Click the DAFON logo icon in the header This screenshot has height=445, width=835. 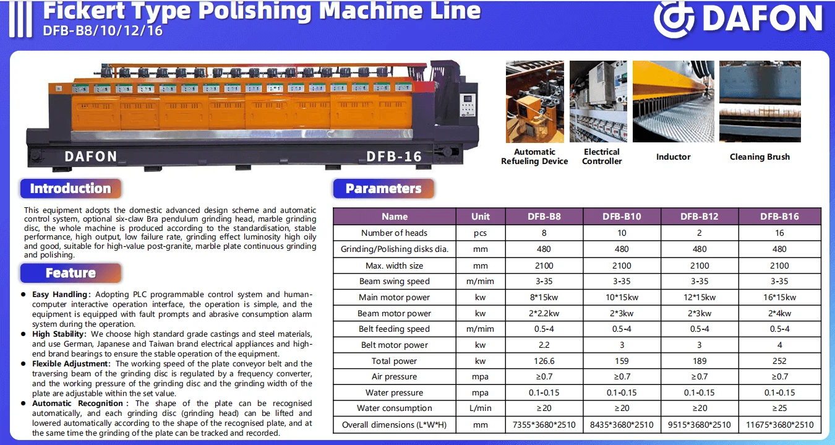tap(674, 19)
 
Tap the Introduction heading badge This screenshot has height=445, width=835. tap(71, 188)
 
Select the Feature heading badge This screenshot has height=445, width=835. tap(71, 273)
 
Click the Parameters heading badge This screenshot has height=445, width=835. tap(383, 188)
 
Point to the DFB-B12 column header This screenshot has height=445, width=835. tap(700, 217)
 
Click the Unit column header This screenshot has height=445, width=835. tap(480, 217)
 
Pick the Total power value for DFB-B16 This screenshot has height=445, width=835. tap(779, 361)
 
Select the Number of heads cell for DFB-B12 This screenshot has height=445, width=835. tap(700, 233)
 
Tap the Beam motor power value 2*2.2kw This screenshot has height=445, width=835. tap(544, 313)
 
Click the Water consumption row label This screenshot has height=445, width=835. tap(395, 408)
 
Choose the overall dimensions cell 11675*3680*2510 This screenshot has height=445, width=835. tap(779, 425)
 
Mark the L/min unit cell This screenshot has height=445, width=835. tap(480, 408)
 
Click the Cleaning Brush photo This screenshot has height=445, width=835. tap(760, 102)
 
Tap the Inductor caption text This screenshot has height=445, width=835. tap(673, 157)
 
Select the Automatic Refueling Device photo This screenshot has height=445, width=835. tap(534, 102)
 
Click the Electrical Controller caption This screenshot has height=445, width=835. tap(602, 157)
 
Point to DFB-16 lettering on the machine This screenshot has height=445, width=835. tap(394, 157)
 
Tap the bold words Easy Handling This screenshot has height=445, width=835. tap(59, 295)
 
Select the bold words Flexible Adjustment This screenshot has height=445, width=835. tap(71, 364)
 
